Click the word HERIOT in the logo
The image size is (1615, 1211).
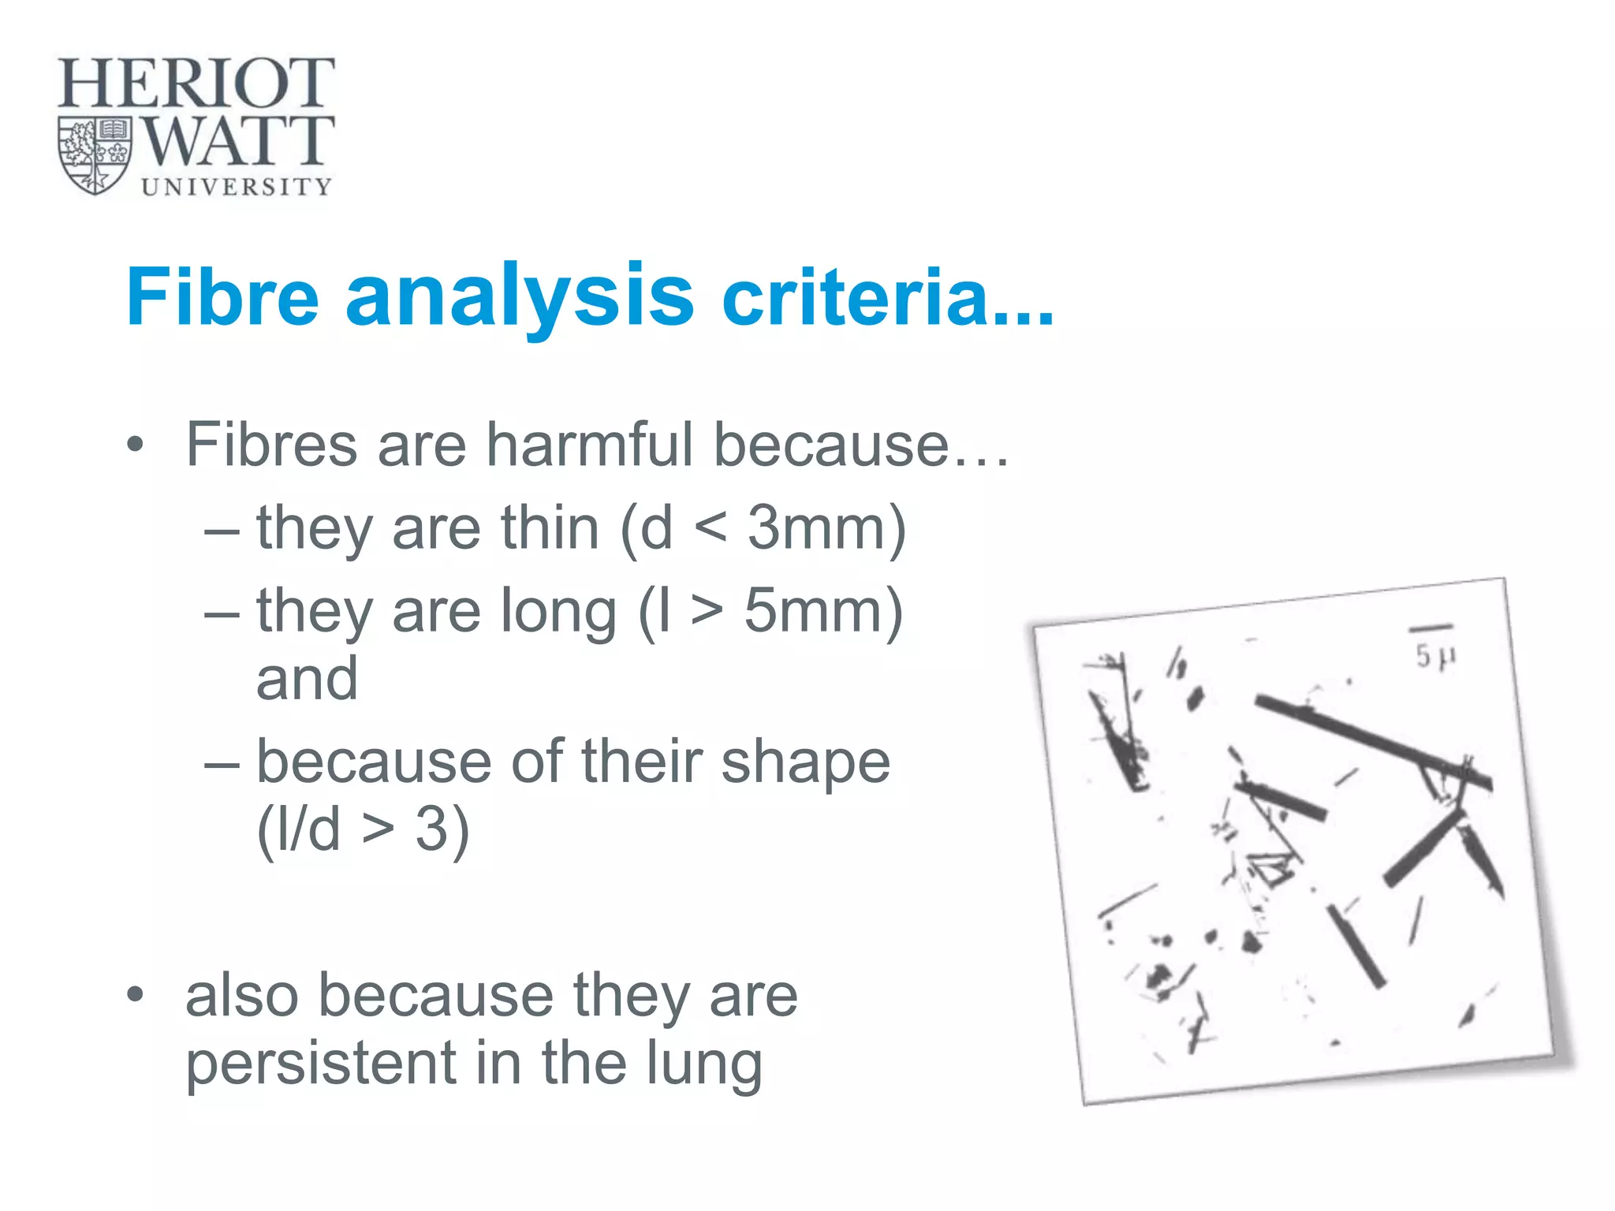[x=196, y=83]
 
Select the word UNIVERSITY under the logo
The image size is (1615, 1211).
[x=237, y=187]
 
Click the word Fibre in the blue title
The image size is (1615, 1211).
[x=222, y=296]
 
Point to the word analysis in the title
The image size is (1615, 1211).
[x=520, y=296]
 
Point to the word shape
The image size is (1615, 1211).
[x=805, y=762]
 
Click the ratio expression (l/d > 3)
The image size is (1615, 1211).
[x=363, y=829]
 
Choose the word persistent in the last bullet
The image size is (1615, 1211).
[x=321, y=1063]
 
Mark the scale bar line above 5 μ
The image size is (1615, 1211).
[x=1430, y=628]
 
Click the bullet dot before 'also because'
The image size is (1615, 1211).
[x=136, y=995]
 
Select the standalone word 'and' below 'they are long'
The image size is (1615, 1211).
[x=307, y=679]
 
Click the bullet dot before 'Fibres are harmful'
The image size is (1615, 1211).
[x=136, y=445]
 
